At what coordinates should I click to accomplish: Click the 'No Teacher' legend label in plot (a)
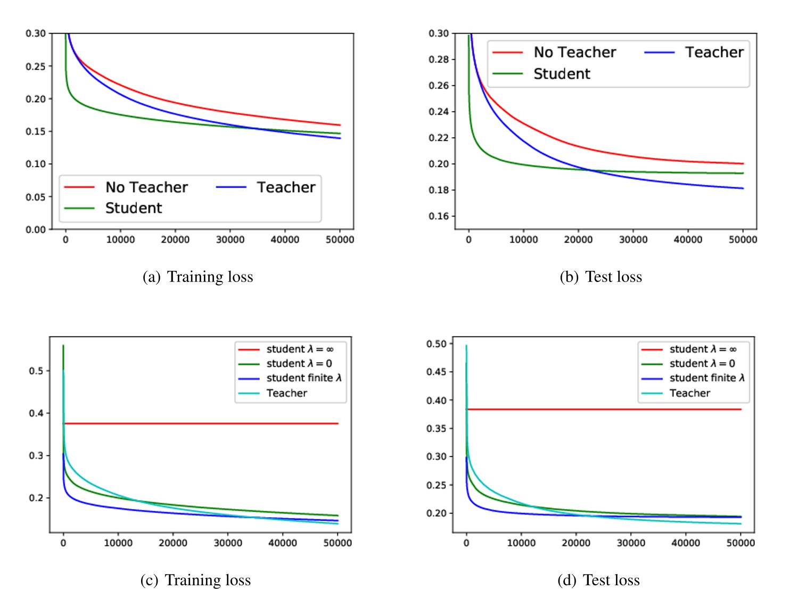tap(146, 187)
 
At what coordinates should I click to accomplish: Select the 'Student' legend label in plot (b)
tap(562, 74)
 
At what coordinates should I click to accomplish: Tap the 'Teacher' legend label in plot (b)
tap(714, 52)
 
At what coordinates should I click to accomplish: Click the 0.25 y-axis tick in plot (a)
tap(36, 67)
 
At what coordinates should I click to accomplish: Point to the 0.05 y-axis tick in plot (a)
tap(36, 197)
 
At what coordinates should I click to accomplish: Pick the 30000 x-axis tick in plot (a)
tap(230, 240)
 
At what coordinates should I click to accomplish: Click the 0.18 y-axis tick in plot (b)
tap(439, 190)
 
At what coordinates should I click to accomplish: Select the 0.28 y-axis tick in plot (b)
tap(439, 59)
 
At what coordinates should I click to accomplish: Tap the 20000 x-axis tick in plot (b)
tap(578, 240)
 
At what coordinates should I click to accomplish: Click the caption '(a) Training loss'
tap(198, 277)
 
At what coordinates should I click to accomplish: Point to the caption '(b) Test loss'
tap(600, 277)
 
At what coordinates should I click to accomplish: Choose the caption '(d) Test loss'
tap(598, 579)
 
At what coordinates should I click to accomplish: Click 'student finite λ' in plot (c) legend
tap(304, 378)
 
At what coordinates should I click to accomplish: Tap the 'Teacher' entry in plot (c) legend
tap(286, 393)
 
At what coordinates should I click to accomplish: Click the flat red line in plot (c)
tap(202, 424)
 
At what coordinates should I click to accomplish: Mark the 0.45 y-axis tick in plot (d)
tap(437, 372)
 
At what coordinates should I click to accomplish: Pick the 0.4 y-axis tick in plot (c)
tap(36, 413)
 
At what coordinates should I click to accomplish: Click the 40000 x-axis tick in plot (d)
tap(686, 543)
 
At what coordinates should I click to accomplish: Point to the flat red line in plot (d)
tap(602, 409)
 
